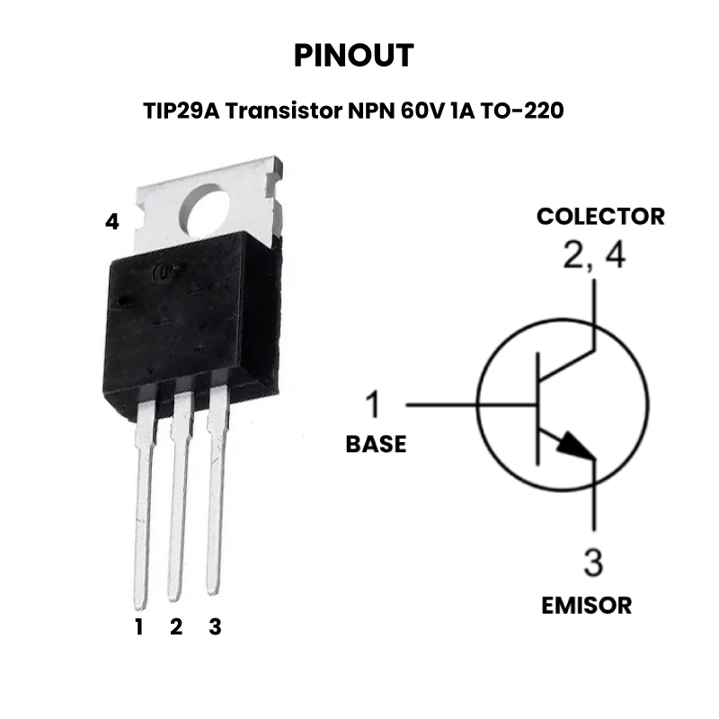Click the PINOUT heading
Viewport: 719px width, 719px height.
pyautogui.click(x=353, y=56)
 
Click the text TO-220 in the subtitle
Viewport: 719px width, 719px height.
pyautogui.click(x=522, y=111)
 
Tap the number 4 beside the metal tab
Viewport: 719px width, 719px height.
pyautogui.click(x=112, y=221)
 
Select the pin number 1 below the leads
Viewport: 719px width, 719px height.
pyautogui.click(x=139, y=626)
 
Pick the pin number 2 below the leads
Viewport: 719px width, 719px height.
pyautogui.click(x=176, y=626)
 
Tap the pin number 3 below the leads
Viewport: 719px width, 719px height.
pyautogui.click(x=215, y=626)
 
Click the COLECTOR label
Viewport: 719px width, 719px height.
pyautogui.click(x=600, y=217)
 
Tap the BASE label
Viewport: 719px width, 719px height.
pyautogui.click(x=376, y=444)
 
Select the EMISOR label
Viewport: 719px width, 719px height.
pyautogui.click(x=587, y=605)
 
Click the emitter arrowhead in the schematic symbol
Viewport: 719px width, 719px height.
pyautogui.click(x=576, y=445)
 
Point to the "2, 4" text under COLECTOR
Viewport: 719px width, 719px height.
pyautogui.click(x=594, y=255)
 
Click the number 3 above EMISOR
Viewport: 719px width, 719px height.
pyautogui.click(x=593, y=563)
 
